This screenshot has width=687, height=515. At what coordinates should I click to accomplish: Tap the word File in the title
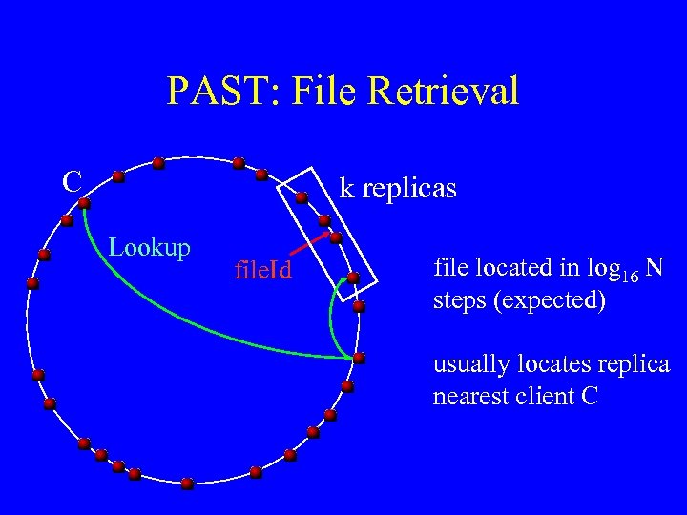(x=320, y=92)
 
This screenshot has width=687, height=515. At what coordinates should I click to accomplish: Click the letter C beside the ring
(x=72, y=180)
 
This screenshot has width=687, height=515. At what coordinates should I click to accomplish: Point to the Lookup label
(x=150, y=248)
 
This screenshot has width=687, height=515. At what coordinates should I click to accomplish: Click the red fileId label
(x=262, y=274)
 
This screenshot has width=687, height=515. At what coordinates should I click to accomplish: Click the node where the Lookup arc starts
(x=84, y=202)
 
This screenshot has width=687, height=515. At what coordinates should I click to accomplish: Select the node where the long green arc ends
(x=358, y=358)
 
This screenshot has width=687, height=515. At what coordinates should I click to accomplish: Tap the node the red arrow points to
(x=335, y=236)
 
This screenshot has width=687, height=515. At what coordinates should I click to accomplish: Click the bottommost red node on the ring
(x=188, y=484)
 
